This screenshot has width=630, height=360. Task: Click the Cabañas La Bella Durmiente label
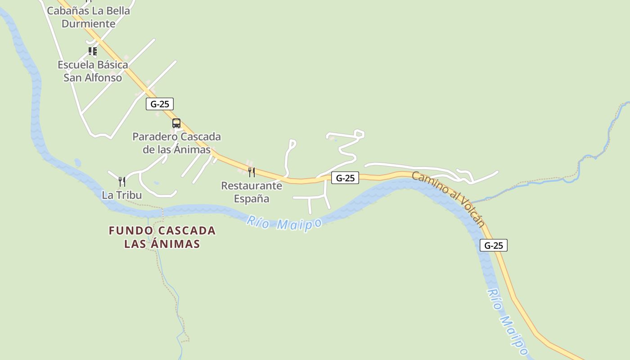click(88, 17)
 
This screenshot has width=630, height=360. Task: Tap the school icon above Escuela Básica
click(93, 51)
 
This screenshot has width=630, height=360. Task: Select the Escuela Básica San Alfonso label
click(93, 71)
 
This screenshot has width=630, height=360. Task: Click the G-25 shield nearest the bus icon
click(160, 104)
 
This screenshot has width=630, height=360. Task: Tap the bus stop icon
click(176, 123)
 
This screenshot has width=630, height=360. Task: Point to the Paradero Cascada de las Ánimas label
click(176, 143)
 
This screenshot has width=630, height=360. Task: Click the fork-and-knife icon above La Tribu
click(122, 182)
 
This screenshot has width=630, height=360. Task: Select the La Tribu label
click(122, 195)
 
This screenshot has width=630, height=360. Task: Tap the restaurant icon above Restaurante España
click(252, 172)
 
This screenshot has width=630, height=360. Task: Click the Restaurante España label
click(252, 192)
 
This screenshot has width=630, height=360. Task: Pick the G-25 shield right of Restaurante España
click(345, 178)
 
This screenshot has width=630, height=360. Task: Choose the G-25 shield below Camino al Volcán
click(494, 245)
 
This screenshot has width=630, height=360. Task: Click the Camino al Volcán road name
click(449, 198)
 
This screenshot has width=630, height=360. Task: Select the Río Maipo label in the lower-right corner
click(508, 321)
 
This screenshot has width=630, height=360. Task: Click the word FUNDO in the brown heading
click(131, 231)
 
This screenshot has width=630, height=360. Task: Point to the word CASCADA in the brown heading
click(186, 231)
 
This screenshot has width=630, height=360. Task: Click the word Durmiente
click(88, 23)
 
